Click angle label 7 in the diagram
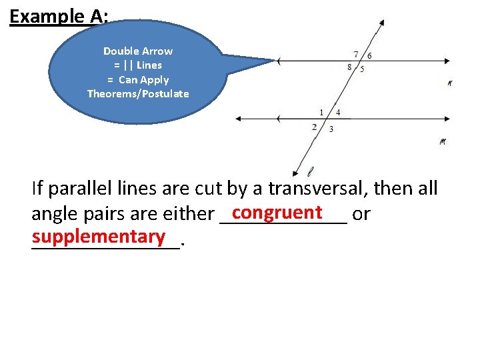tap(356, 54)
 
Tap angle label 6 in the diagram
tap(370, 55)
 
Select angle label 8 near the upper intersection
tap(350, 67)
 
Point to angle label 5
tap(362, 68)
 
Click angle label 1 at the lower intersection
tap(321, 112)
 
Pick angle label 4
tap(338, 112)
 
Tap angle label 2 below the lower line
tap(314, 127)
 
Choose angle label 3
tap(331, 129)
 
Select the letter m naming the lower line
tap(443, 141)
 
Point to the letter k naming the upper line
tap(450, 83)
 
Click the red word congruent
tap(277, 212)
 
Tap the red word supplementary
tap(99, 236)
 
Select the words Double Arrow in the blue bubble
tap(138, 51)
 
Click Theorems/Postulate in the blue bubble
tap(138, 93)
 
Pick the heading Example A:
tap(59, 16)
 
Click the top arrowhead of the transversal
tap(381, 22)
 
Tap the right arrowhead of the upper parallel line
tap(448, 61)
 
